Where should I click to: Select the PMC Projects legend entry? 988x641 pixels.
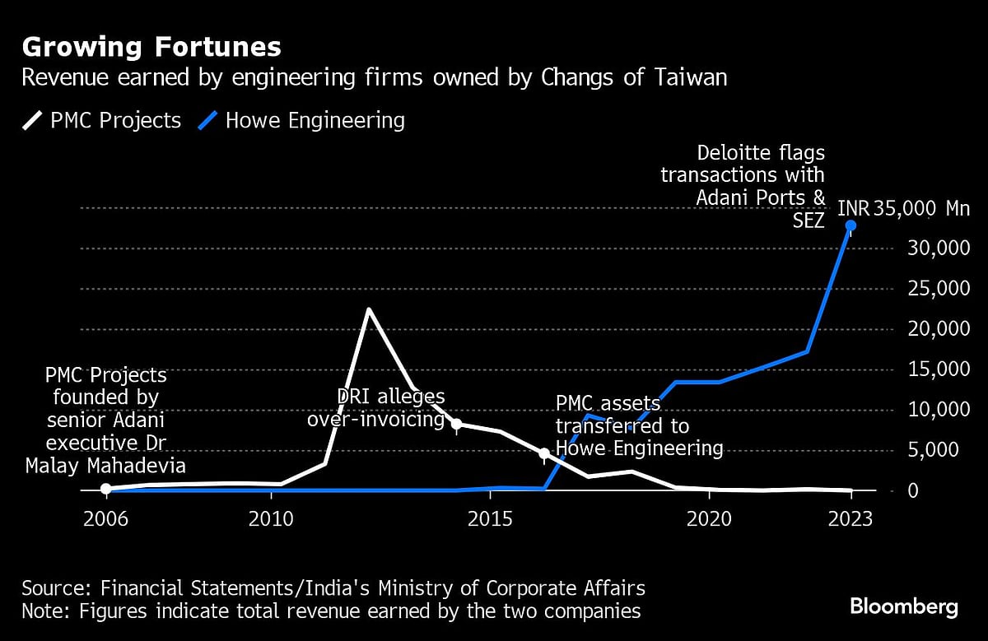click(x=102, y=121)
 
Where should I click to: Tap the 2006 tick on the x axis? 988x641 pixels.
click(x=105, y=520)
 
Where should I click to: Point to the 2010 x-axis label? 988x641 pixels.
click(x=271, y=520)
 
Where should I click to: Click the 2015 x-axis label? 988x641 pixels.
click(x=490, y=520)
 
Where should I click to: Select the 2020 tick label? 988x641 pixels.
click(x=710, y=520)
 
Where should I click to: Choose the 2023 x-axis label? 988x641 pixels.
click(x=851, y=520)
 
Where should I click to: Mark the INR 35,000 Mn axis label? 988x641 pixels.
click(x=903, y=208)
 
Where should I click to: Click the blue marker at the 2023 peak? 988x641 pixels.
click(x=851, y=225)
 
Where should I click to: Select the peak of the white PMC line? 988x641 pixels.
click(x=368, y=309)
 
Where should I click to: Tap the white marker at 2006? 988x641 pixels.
click(x=105, y=489)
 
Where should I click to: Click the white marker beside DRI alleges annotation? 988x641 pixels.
click(x=457, y=424)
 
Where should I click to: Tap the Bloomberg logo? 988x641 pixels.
click(x=903, y=607)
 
